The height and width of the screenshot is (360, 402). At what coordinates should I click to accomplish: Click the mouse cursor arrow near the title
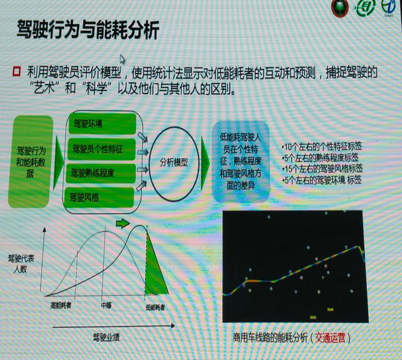[122, 59]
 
